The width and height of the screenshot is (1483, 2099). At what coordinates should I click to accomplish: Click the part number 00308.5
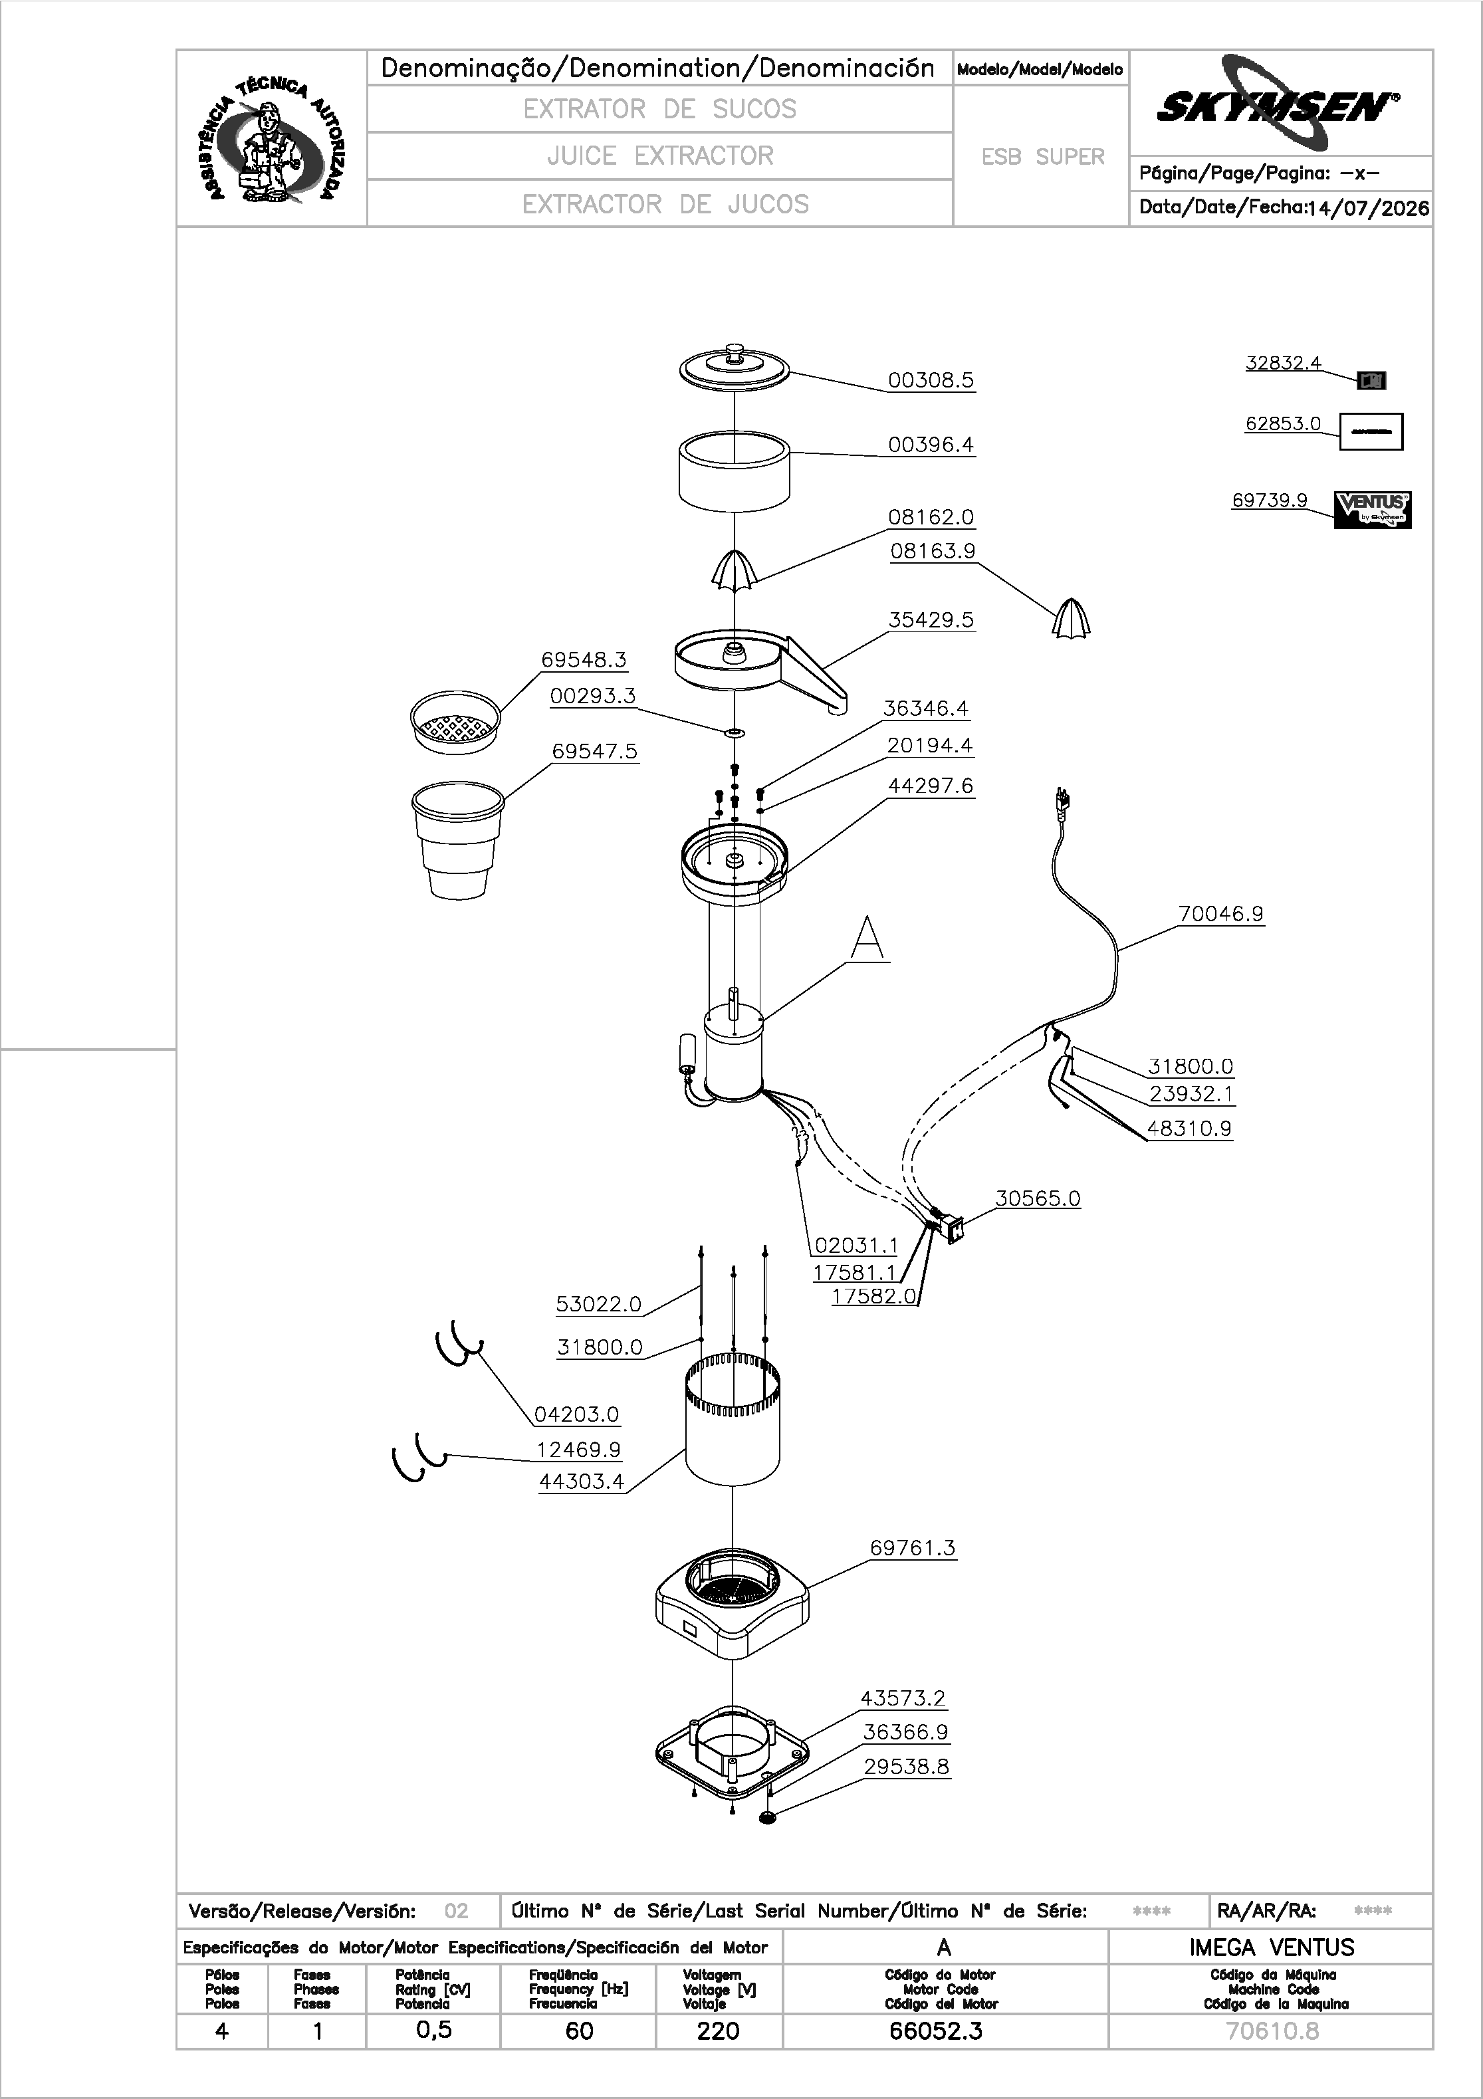[931, 380]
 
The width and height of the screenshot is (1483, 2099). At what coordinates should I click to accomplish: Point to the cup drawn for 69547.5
[457, 839]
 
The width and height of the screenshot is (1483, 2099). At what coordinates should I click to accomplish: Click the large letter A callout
[867, 939]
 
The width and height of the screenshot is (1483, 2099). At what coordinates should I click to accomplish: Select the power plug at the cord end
[1062, 801]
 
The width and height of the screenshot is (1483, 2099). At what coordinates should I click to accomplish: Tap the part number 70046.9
[1220, 913]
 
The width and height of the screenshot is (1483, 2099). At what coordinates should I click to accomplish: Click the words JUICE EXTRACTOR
[660, 156]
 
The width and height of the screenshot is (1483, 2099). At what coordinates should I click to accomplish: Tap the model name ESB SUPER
[1043, 158]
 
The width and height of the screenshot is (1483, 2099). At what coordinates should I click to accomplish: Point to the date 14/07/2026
[1368, 209]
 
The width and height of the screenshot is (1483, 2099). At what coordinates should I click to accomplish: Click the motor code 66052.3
[935, 2031]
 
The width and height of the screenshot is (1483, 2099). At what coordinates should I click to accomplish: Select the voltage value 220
[718, 2031]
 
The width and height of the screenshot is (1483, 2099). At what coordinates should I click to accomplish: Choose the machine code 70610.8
[1272, 2031]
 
